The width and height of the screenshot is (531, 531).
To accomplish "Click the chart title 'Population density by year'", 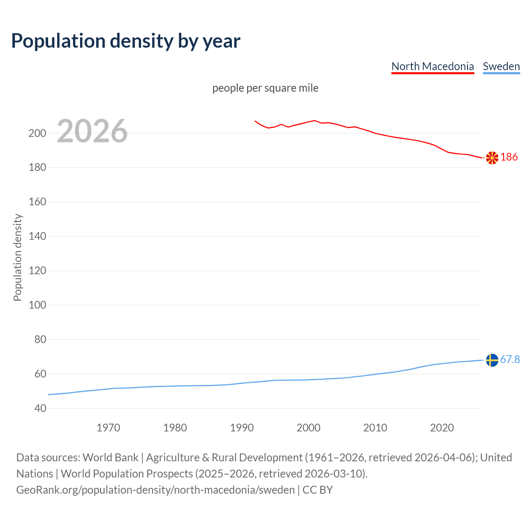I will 126,41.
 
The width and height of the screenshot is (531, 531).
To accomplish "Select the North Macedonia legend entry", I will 432,66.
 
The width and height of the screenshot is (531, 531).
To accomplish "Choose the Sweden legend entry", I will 501,66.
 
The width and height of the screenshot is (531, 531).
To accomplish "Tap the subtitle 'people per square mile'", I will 265,88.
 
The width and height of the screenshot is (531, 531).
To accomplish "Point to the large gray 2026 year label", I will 92,131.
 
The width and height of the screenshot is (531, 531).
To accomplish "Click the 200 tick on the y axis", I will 37,133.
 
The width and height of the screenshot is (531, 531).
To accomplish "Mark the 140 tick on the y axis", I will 37,236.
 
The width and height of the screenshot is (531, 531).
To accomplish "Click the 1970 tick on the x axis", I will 108,428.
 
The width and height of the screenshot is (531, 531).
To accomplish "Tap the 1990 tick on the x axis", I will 242,428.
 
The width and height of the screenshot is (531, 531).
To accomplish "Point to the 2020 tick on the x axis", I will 442,428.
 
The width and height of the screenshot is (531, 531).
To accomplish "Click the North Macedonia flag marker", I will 492,158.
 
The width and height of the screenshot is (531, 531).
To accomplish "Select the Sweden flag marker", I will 492,360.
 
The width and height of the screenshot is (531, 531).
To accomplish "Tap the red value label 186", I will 509,157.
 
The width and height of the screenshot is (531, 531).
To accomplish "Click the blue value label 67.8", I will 510,359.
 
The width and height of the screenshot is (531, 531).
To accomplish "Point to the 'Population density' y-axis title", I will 17,257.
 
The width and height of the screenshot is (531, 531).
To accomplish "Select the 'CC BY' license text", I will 318,490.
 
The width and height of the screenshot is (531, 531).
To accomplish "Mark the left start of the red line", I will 255,121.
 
